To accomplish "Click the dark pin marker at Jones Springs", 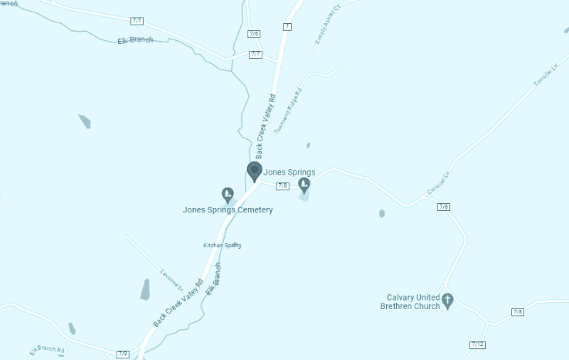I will coord(254,171).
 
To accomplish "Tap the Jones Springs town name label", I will coord(290,172).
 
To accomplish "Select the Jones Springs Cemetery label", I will coord(228,209).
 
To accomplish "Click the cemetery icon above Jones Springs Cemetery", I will coord(228,193).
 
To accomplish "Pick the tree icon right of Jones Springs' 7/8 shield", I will coord(304,185).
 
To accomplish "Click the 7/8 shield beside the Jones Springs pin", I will coord(283,185).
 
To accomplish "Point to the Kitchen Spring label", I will coord(222,245).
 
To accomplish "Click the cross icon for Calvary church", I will coord(448,299).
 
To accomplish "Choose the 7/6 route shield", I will coord(254,34).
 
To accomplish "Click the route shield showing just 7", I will coord(287,26).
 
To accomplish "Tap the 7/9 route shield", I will coord(123,354).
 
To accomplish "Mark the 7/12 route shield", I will coord(477,344).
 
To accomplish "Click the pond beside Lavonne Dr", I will coord(145,290).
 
